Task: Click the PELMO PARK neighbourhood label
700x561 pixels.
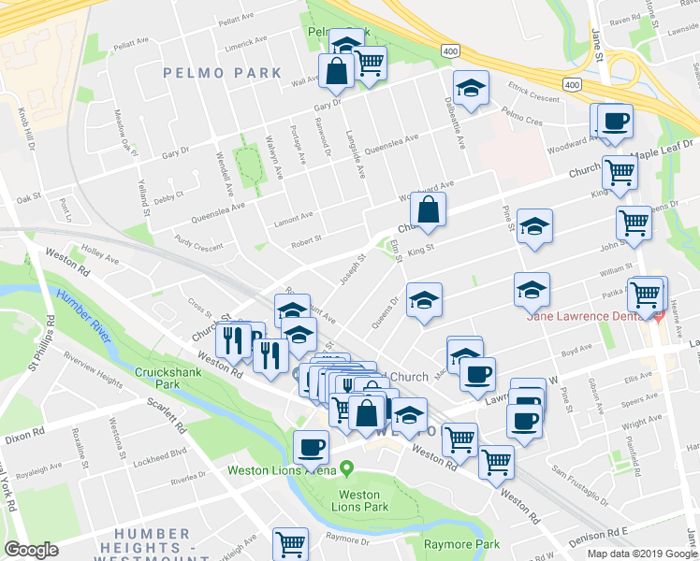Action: (x=222, y=72)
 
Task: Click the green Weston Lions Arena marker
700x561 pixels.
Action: (x=347, y=467)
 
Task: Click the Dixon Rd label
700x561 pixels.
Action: (x=23, y=435)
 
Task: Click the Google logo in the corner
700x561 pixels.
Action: (x=31, y=550)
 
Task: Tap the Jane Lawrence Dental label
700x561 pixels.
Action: (x=588, y=316)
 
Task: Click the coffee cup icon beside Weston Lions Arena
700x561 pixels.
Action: (x=311, y=447)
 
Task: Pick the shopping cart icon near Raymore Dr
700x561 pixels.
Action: (x=291, y=543)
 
